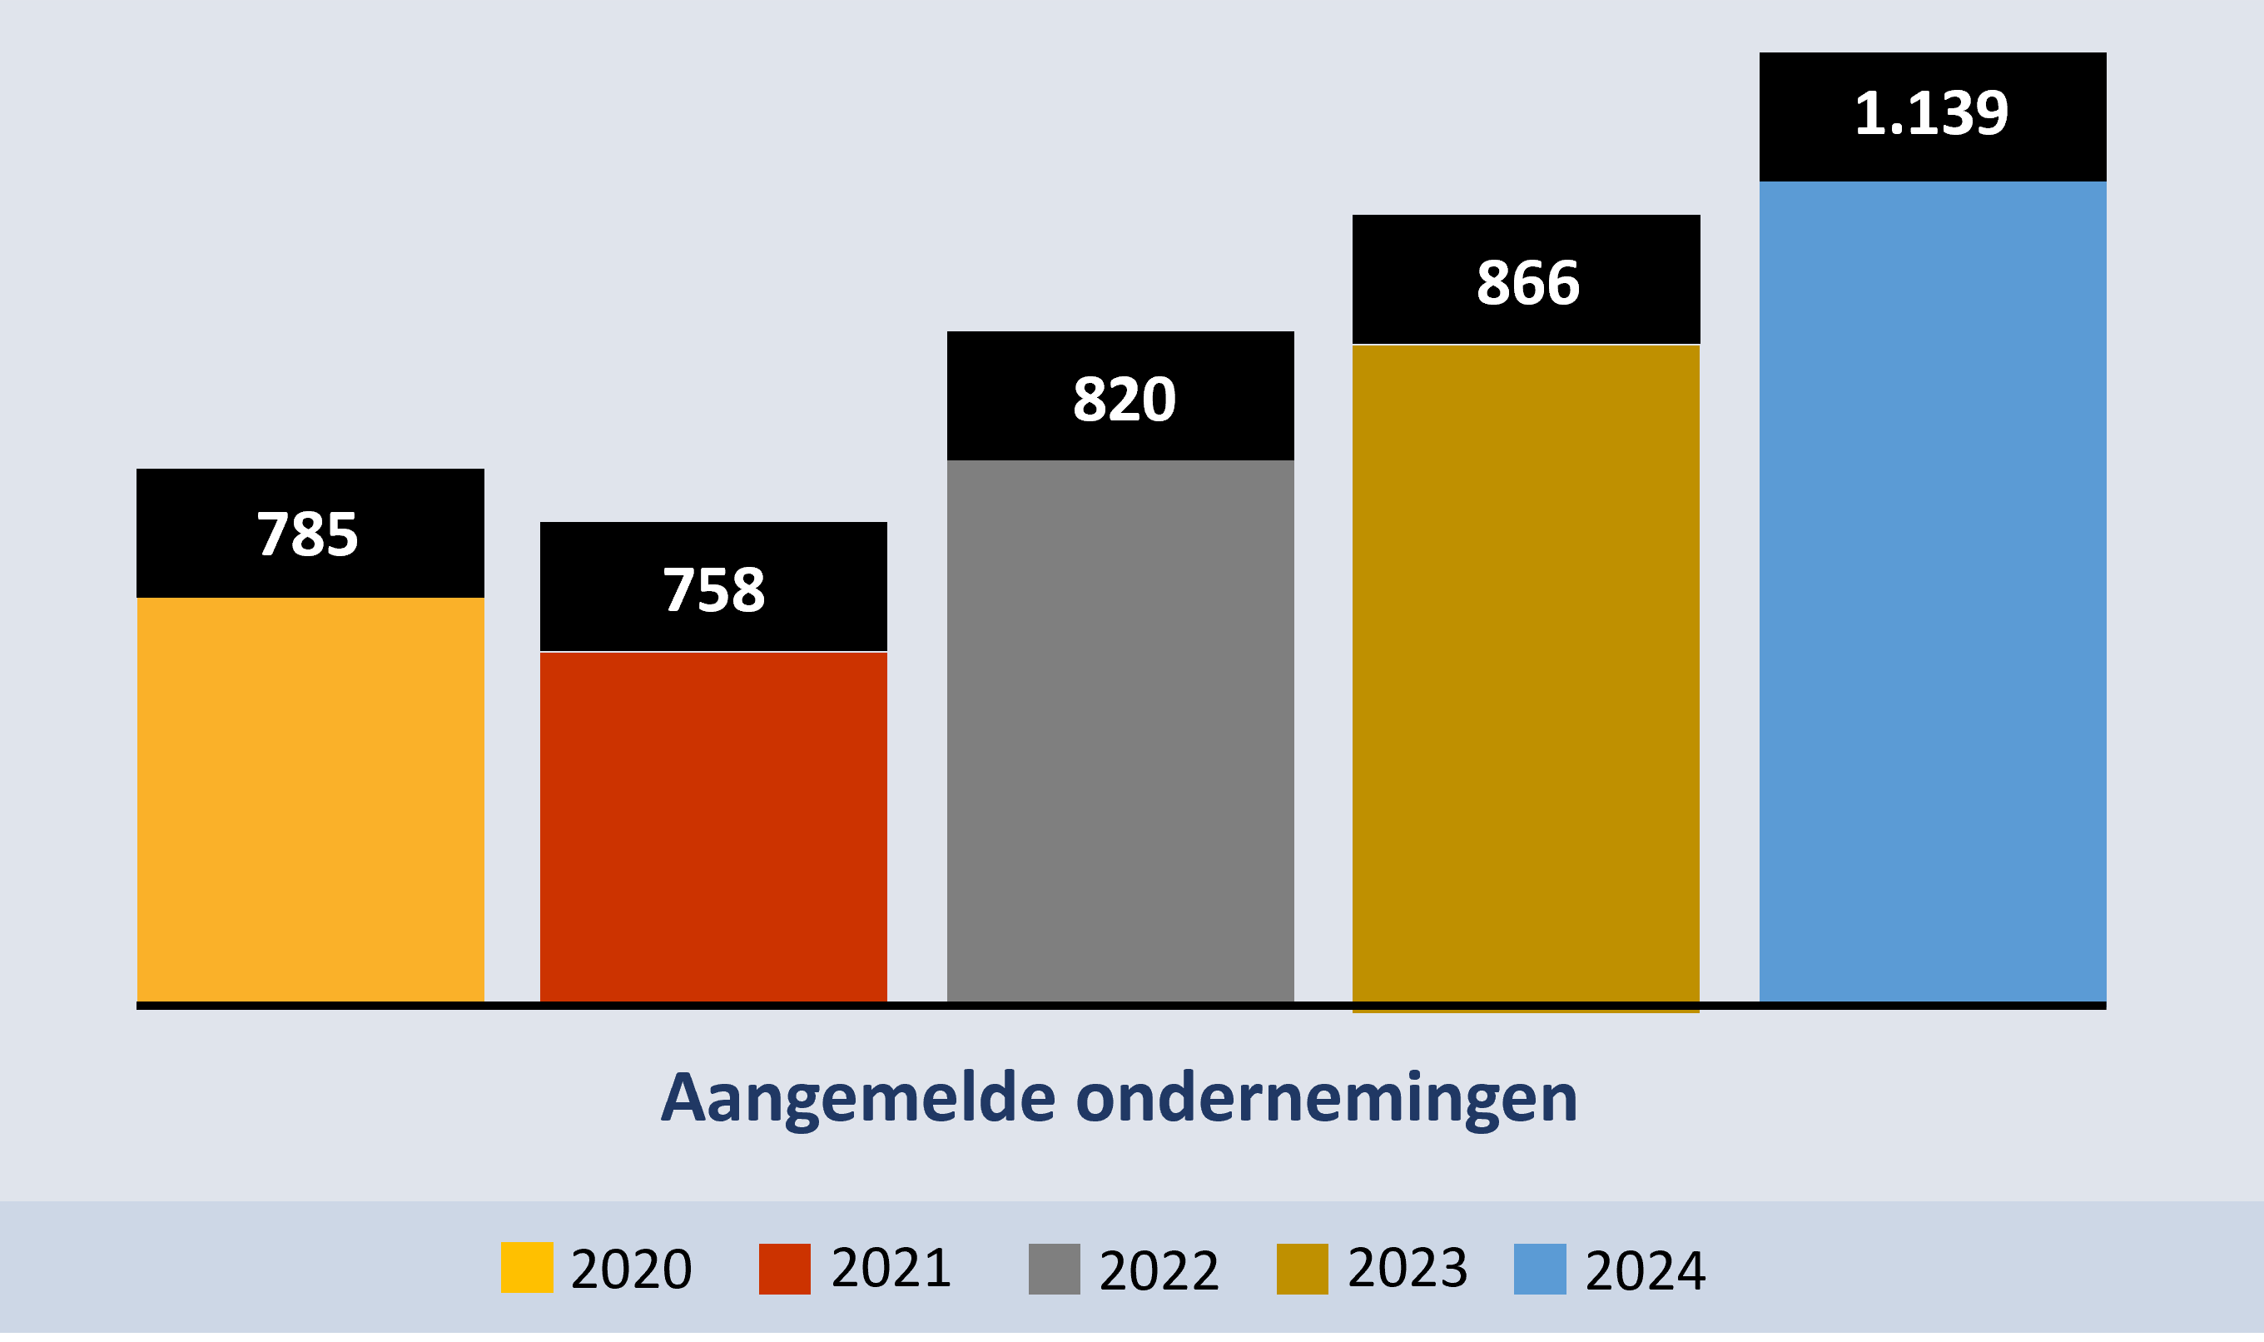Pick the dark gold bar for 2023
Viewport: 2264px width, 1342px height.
pos(1527,673)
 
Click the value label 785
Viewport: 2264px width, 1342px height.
pos(308,534)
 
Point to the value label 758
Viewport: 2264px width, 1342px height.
pos(714,590)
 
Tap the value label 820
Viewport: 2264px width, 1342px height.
pos(1124,400)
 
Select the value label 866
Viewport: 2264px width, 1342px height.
pos(1528,283)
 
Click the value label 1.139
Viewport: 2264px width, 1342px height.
pos(1931,114)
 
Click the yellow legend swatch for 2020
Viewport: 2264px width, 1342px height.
pos(527,1268)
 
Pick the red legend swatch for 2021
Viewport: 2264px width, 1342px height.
pos(784,1269)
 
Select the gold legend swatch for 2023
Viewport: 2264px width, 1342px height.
pos(1302,1269)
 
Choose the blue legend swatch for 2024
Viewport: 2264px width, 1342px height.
pos(1540,1269)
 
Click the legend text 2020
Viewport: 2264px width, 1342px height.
pos(631,1270)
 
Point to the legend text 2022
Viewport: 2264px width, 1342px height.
pos(1159,1270)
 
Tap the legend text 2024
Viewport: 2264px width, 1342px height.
pos(1646,1270)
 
